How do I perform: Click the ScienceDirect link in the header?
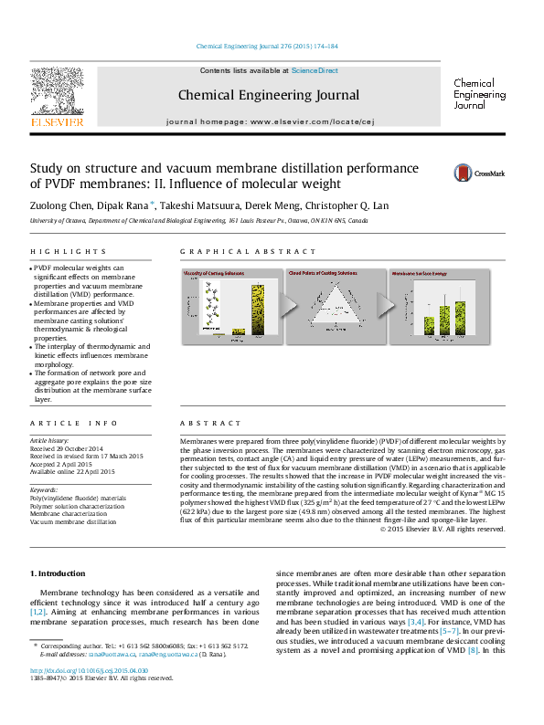click(x=315, y=70)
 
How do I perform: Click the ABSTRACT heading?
click(x=204, y=424)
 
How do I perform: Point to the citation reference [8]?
click(x=473, y=649)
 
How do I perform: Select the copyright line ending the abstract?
click(x=441, y=529)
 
